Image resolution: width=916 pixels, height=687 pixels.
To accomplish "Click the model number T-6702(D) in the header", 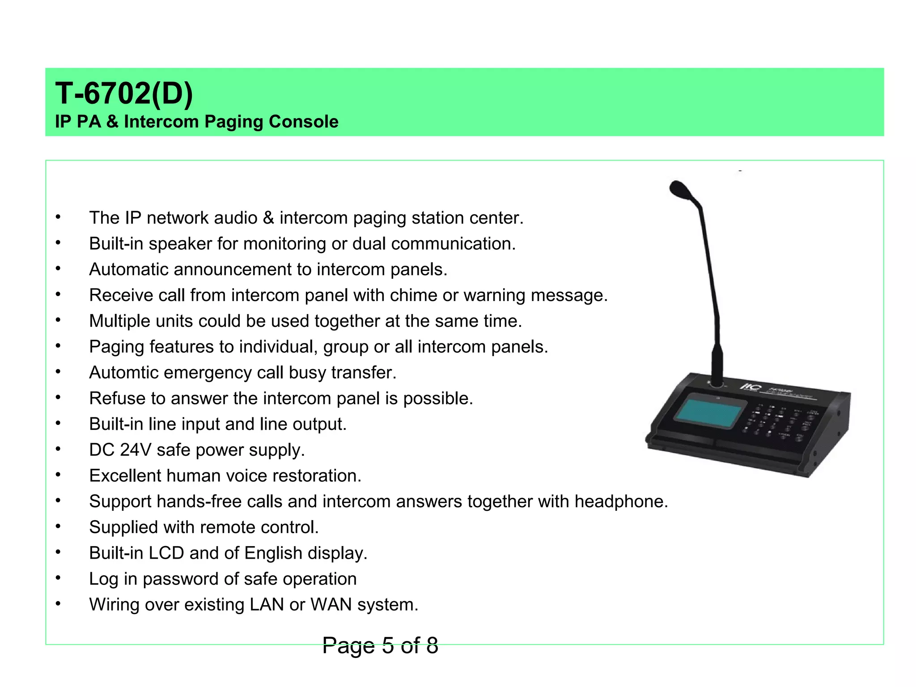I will coord(124,93).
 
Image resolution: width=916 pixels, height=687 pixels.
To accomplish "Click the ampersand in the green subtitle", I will coord(112,122).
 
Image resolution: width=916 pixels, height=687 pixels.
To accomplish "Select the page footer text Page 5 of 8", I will coord(380,645).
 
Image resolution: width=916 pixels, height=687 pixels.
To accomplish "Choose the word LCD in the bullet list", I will coord(166,553).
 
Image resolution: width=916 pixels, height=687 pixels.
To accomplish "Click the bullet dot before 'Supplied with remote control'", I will coord(58,526).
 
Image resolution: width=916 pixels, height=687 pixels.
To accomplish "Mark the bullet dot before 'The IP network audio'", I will coord(58,217).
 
